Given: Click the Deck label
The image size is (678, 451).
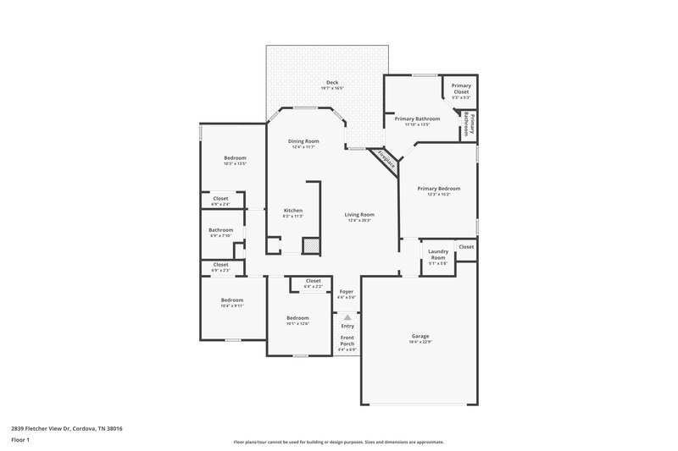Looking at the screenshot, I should (x=332, y=82).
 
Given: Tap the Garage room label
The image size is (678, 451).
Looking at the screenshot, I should (x=421, y=336).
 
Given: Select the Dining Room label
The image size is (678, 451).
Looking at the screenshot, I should (x=303, y=140).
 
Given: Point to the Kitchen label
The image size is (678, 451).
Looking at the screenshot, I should (x=292, y=211).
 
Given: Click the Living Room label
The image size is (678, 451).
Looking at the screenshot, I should (x=359, y=215).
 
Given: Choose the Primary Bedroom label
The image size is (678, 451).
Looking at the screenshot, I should (x=438, y=188).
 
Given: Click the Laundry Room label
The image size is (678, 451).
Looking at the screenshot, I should (x=438, y=253).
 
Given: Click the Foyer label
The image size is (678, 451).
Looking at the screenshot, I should (x=347, y=292).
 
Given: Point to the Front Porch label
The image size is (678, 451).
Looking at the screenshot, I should (x=347, y=340).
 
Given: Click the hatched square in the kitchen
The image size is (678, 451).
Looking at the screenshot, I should (x=312, y=245).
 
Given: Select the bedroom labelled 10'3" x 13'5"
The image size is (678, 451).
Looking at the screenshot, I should (x=235, y=159).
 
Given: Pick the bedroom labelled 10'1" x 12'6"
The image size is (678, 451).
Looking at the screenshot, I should (x=297, y=318).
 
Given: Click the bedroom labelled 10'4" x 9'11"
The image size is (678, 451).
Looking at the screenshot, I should (x=232, y=300).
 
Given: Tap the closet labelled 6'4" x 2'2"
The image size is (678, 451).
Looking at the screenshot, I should (x=313, y=282).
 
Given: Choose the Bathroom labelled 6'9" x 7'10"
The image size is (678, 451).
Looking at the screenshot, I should (x=221, y=230).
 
